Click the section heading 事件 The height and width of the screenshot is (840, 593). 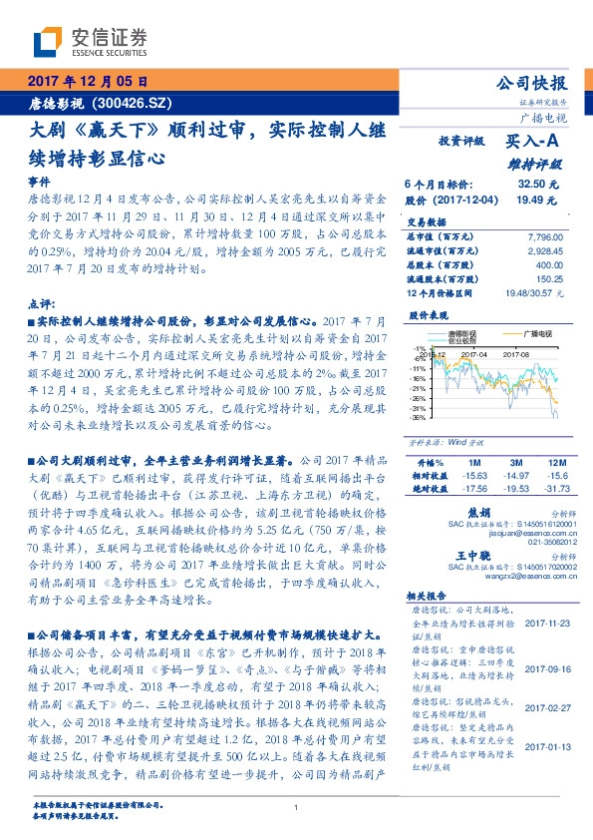[x=37, y=184]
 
